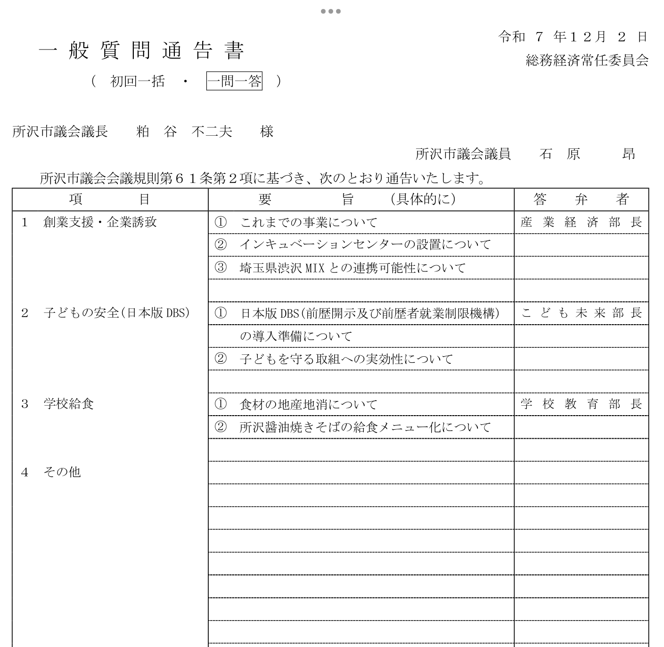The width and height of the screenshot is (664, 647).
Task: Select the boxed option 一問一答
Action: (234, 82)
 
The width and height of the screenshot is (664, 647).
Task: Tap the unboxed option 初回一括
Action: (137, 82)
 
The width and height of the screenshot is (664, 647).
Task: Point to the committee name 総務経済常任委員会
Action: (587, 60)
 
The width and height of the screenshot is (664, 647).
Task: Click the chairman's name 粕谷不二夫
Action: (184, 131)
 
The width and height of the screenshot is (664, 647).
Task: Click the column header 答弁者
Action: (581, 200)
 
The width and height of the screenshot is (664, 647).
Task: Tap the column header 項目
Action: (109, 200)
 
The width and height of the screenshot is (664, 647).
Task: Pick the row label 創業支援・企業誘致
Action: (100, 222)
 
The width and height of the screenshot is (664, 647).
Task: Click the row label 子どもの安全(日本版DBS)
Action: (116, 313)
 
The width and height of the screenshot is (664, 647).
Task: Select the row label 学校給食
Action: (69, 404)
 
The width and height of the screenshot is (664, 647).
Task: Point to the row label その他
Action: (62, 472)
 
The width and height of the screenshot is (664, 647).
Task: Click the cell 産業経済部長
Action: (581, 222)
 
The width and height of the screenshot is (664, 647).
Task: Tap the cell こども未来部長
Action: (581, 313)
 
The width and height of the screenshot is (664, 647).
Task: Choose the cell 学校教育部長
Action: (581, 404)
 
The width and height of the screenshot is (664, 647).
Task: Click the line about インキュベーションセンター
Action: (365, 245)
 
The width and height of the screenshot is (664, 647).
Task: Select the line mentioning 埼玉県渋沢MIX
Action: (352, 268)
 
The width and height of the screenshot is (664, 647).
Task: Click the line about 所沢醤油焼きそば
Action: (365, 427)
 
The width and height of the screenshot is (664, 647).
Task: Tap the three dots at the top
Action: (331, 11)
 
